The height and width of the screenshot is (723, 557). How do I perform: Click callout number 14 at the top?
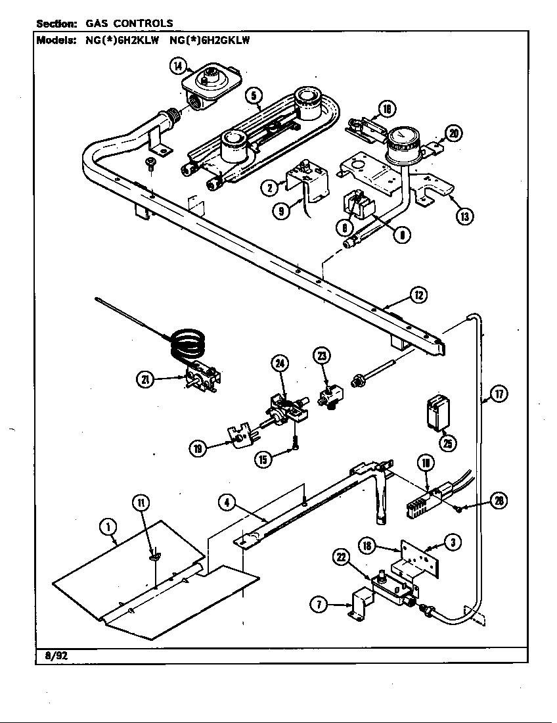click(178, 65)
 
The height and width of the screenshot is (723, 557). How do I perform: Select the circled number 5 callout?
click(252, 96)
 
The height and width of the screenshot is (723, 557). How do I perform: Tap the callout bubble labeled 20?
click(453, 133)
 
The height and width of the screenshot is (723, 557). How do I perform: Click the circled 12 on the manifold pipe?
click(418, 295)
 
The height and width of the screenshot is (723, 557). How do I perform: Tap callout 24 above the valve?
click(280, 362)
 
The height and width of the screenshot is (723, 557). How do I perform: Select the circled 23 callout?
click(322, 356)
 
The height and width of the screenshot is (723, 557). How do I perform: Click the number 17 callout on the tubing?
click(500, 395)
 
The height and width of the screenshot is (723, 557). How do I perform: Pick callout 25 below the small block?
click(448, 443)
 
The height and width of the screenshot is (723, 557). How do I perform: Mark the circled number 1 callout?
click(108, 525)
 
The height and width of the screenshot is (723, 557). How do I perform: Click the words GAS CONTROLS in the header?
click(129, 23)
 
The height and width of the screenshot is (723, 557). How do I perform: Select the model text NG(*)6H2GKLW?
click(210, 39)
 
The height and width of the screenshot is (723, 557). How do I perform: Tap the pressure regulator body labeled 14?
click(207, 84)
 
